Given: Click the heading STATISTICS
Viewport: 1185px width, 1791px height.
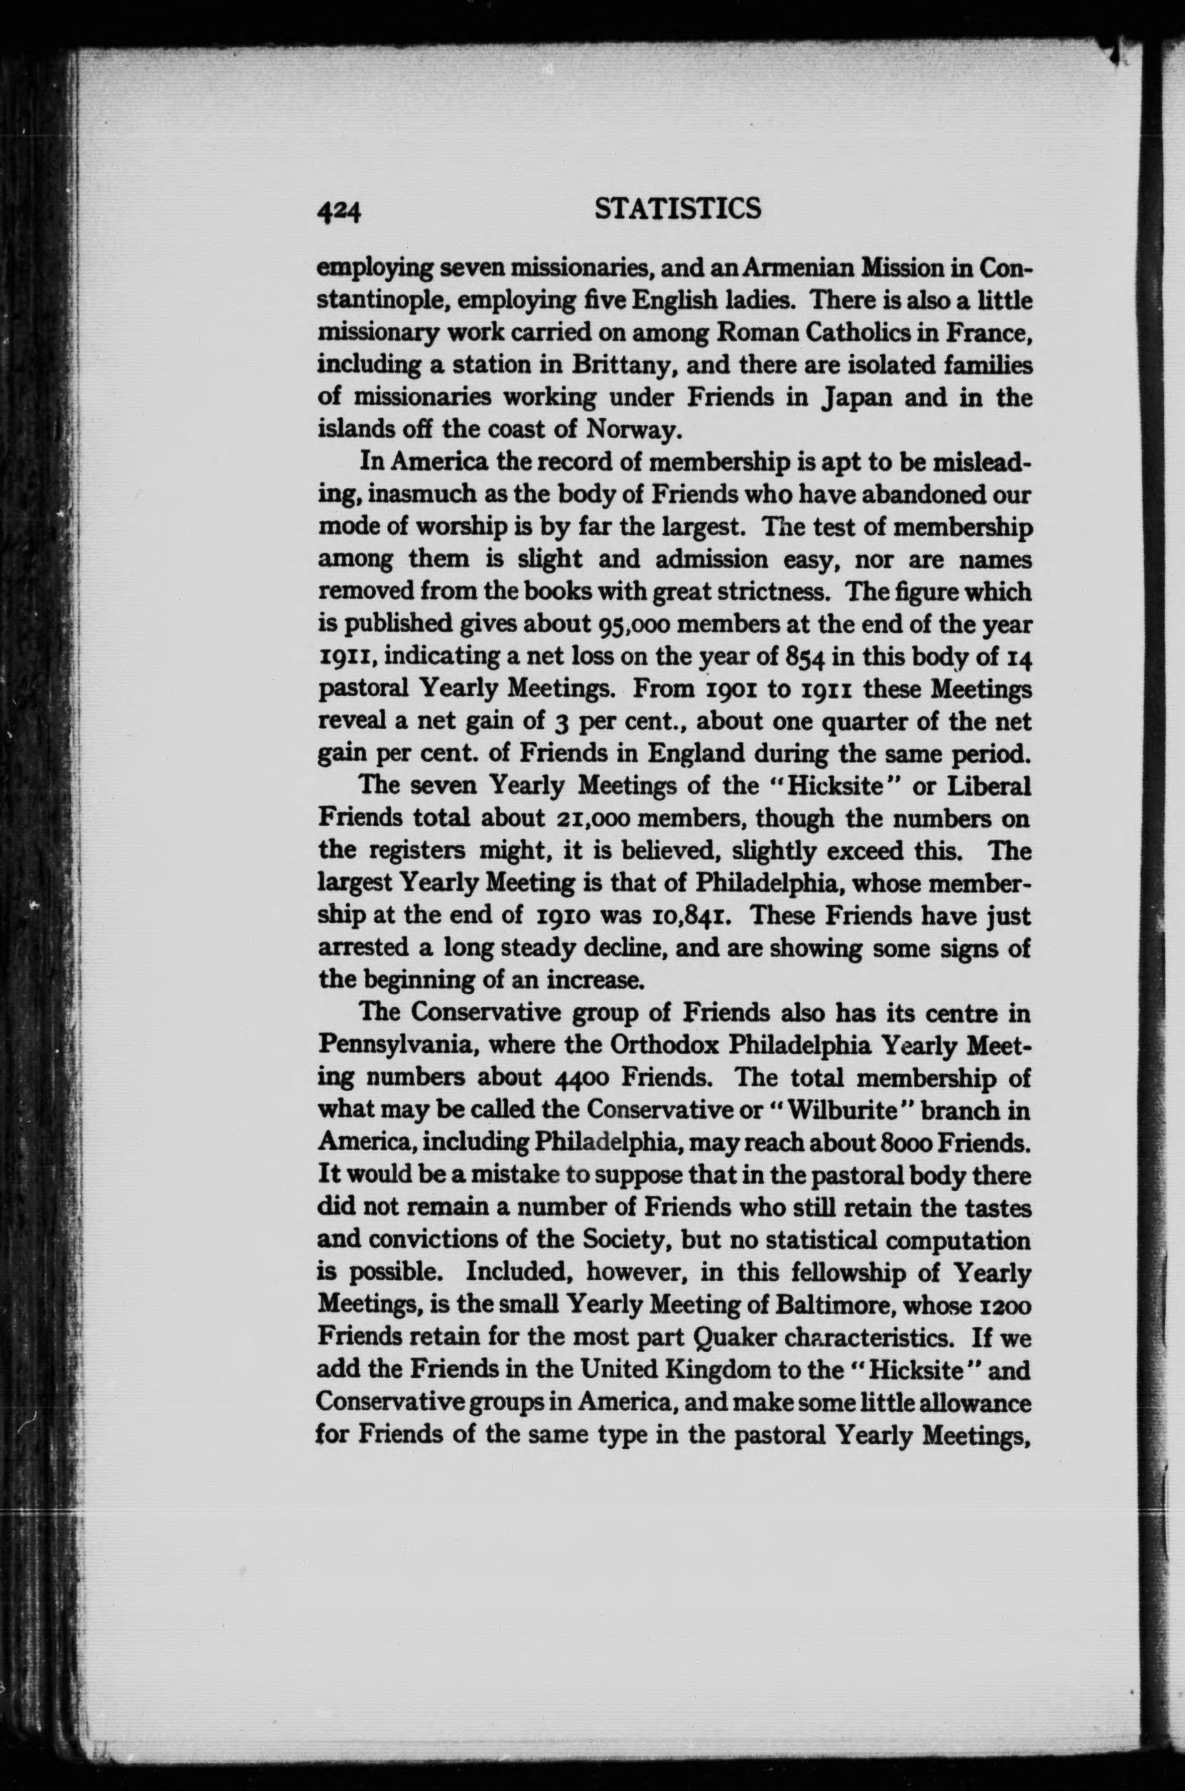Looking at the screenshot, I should (678, 209).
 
